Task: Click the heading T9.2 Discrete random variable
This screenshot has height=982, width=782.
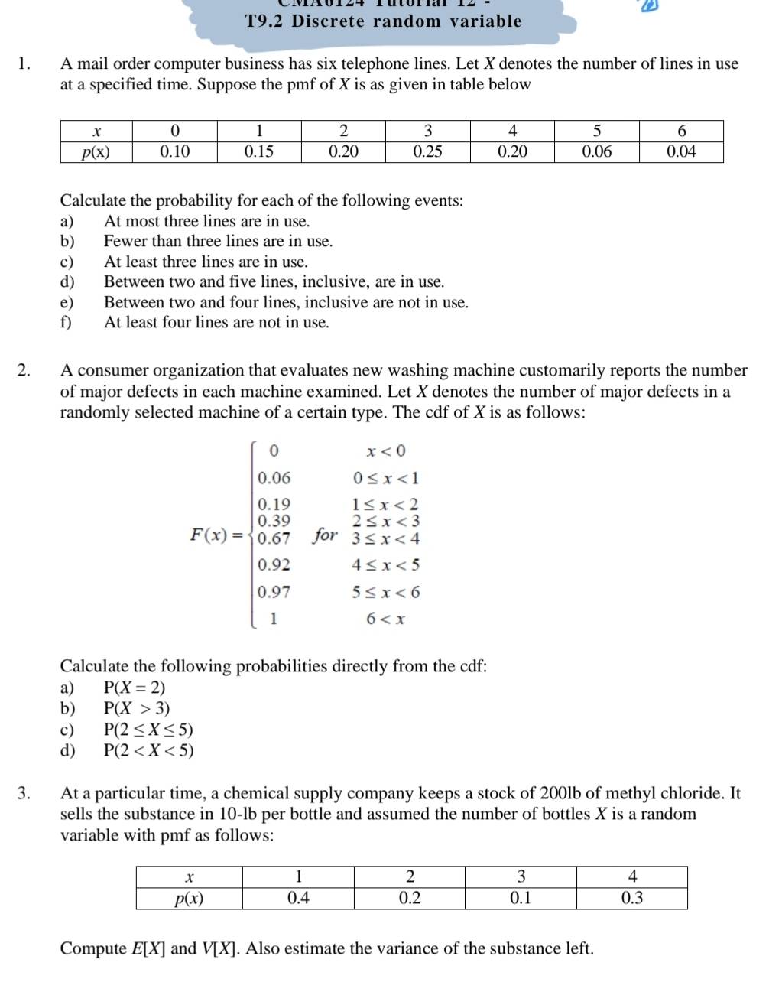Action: pyautogui.click(x=383, y=21)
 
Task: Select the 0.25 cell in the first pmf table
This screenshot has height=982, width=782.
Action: pyautogui.click(x=427, y=151)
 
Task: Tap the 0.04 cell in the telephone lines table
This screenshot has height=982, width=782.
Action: pyautogui.click(x=680, y=151)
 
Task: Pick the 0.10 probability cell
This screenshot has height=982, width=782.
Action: pyautogui.click(x=174, y=151)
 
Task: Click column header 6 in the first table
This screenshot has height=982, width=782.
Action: pyautogui.click(x=681, y=131)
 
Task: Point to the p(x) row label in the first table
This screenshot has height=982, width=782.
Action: pyautogui.click(x=96, y=151)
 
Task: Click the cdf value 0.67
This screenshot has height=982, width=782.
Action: pyautogui.click(x=274, y=538)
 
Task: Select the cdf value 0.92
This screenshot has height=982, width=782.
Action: pyautogui.click(x=274, y=565)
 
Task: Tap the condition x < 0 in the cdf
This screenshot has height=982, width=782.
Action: pyautogui.click(x=386, y=450)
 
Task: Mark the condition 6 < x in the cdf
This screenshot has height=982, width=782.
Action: pyautogui.click(x=386, y=619)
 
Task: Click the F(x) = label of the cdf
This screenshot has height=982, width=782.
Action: pyautogui.click(x=219, y=535)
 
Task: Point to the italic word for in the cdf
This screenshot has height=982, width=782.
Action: pyautogui.click(x=325, y=535)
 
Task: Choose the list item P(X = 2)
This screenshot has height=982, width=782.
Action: pyautogui.click(x=135, y=687)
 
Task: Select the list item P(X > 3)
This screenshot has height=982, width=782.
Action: pyautogui.click(x=137, y=707)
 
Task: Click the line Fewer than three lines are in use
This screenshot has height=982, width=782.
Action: pyautogui.click(x=219, y=242)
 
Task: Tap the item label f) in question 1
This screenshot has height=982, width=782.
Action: pyautogui.click(x=67, y=322)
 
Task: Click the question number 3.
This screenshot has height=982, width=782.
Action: pyautogui.click(x=24, y=792)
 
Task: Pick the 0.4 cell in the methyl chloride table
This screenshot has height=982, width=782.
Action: pyautogui.click(x=298, y=898)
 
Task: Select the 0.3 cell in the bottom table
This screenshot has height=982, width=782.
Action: pyautogui.click(x=631, y=898)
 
